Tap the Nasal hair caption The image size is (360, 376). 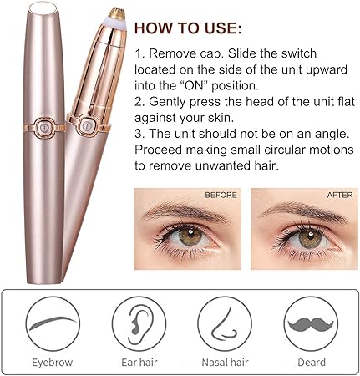point(224,362)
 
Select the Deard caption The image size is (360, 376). point(310,362)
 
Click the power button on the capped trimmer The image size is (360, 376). point(38,130)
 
